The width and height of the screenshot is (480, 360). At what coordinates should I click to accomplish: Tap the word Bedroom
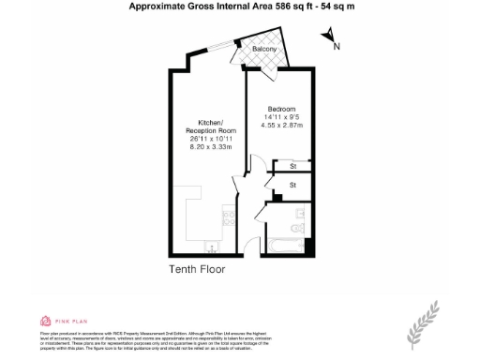[281, 108]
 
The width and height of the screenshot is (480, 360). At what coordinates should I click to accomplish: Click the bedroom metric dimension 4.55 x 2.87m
[281, 125]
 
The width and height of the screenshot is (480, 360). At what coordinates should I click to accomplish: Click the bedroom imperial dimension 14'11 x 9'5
[281, 116]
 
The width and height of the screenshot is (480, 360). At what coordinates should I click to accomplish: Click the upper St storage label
[292, 167]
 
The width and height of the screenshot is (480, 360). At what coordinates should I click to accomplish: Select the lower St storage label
[292, 186]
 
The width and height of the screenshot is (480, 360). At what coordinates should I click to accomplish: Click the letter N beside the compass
[337, 45]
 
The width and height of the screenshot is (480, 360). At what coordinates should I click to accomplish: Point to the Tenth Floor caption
[197, 270]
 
